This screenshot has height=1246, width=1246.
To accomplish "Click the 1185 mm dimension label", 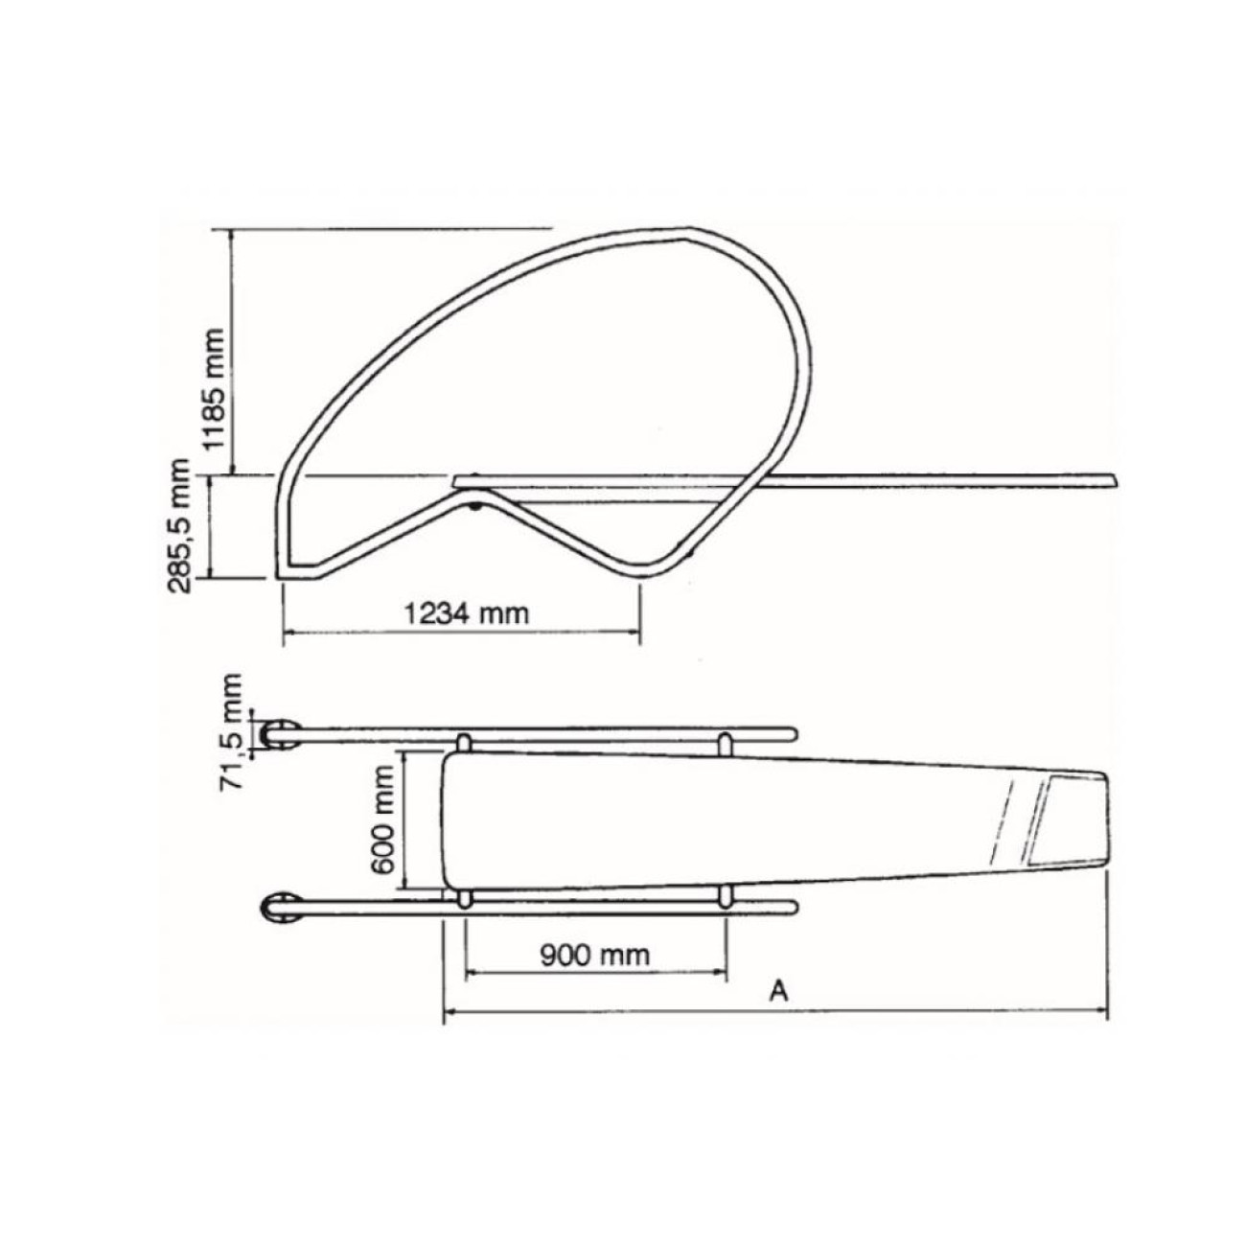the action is point(214,388).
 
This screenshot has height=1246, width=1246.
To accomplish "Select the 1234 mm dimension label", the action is point(466,612).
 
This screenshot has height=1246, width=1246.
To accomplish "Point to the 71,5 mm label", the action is point(231,730).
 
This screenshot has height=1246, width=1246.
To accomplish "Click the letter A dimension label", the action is point(779,1008).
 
